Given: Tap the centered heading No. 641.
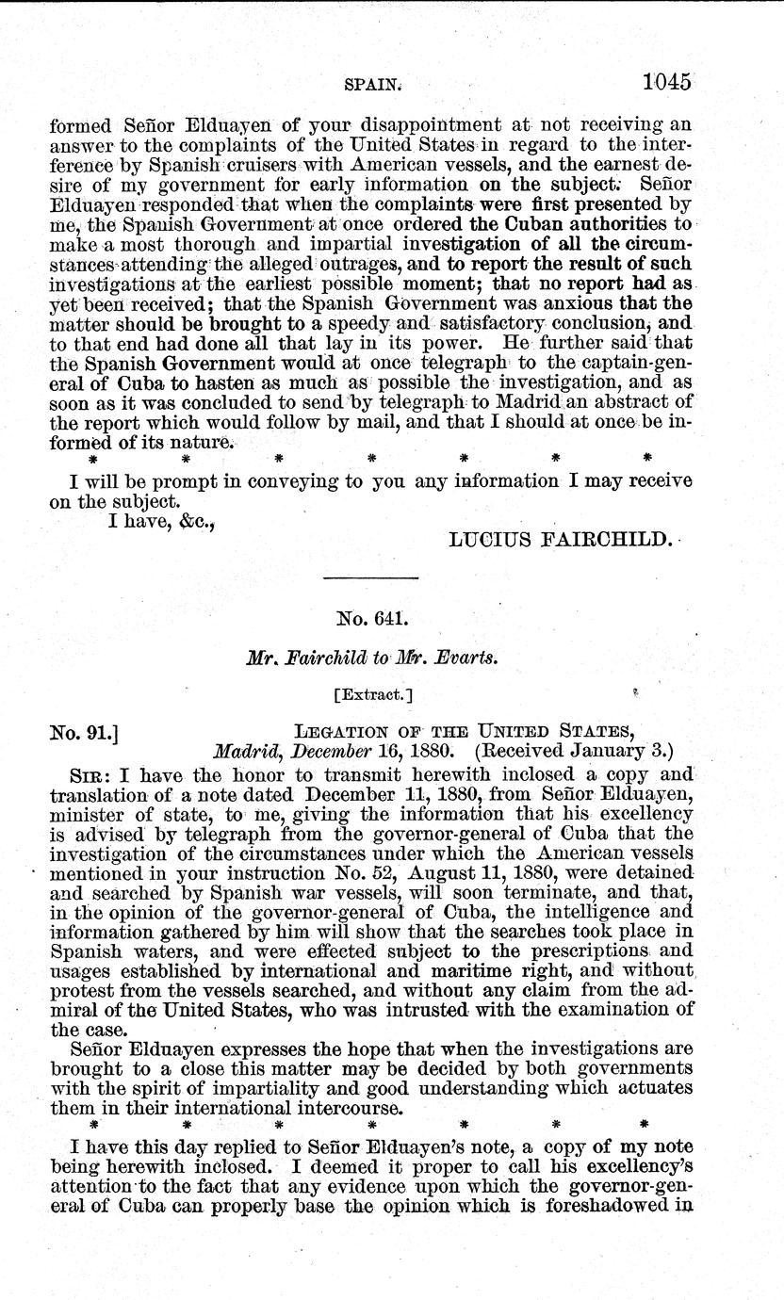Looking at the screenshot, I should pyautogui.click(x=369, y=621).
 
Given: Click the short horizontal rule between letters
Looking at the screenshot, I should pyautogui.click(x=369, y=577).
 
